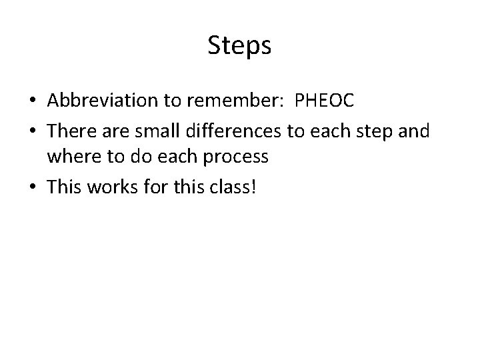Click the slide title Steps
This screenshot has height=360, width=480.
[239, 45]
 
